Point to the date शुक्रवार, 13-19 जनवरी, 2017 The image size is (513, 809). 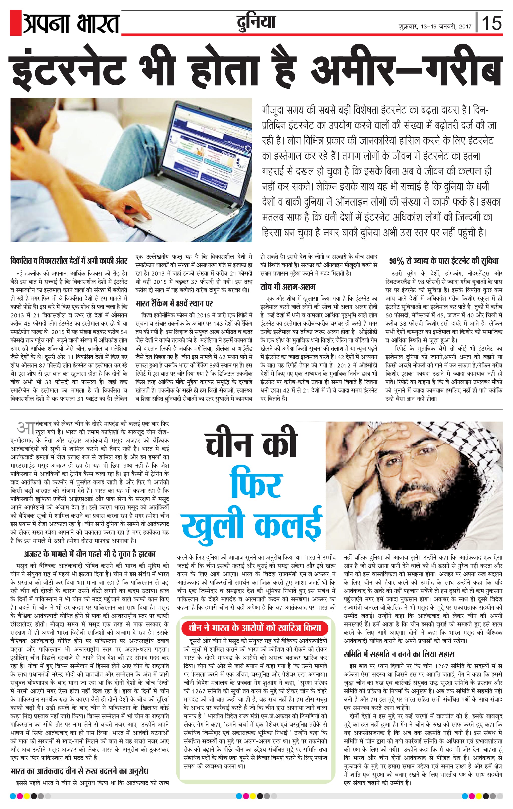pyautogui.click(x=435, y=27)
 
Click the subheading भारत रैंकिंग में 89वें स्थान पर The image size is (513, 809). pyautogui.click(x=174, y=303)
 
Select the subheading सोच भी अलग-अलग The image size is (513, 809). pyautogui.click(x=288, y=286)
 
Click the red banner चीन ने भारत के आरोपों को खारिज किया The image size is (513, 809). pyautogui.click(x=254, y=628)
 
